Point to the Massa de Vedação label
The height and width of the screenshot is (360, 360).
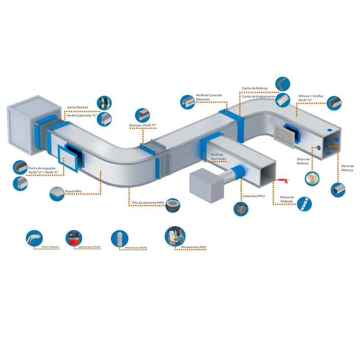(287, 200)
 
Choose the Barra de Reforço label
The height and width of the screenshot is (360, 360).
(347, 168)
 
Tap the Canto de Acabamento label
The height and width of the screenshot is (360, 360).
(258, 96)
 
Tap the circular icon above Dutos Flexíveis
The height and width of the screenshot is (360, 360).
(34, 238)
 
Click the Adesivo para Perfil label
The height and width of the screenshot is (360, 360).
(136, 248)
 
